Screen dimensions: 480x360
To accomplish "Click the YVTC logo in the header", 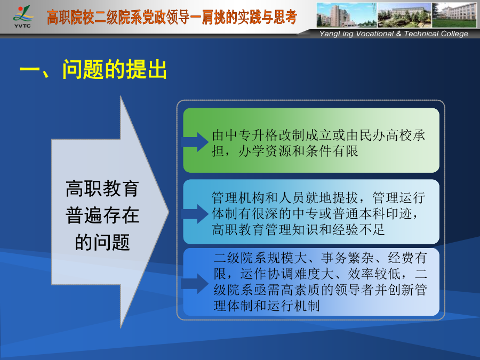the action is point(22,17).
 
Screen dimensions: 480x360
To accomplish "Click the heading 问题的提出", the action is point(115,69).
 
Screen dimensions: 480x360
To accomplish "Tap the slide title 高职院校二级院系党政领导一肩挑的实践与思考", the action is point(172,17).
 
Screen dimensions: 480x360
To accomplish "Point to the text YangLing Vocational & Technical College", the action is point(394,34).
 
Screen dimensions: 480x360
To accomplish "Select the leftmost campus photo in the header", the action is point(347,15).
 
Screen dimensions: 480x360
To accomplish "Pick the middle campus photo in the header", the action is point(404,15).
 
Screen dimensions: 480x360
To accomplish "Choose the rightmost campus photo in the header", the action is point(454,15).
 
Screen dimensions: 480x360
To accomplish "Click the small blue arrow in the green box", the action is point(195,142).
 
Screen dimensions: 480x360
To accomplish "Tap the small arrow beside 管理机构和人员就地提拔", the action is point(195,214).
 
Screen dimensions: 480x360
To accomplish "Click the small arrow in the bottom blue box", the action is point(195,284).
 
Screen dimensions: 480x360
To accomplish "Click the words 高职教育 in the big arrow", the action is point(102,188).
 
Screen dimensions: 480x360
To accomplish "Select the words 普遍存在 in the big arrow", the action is point(102,215).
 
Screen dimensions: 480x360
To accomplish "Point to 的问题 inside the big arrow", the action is point(102,242).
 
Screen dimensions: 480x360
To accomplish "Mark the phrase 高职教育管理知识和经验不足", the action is point(298,229).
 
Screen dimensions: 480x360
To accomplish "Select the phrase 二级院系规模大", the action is point(260,258).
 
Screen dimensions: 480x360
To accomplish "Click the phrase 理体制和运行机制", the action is point(267,306).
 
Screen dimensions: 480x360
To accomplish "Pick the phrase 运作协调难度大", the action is point(287,274).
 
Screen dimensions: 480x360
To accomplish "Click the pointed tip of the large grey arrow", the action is point(169,211).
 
